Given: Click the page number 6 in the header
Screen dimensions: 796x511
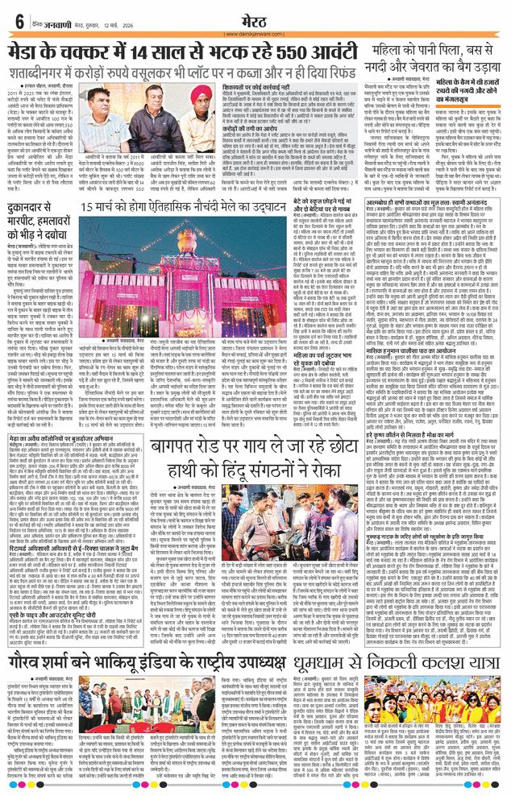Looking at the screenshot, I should [x=18, y=20].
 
